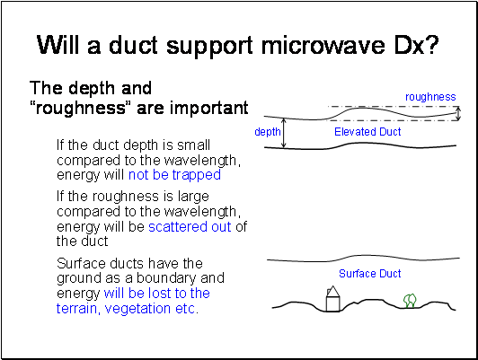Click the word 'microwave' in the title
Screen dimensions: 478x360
(x=324, y=46)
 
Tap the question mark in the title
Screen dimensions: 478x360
(x=431, y=45)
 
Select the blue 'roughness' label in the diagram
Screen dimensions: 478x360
(x=430, y=97)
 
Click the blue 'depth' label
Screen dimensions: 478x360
(x=268, y=132)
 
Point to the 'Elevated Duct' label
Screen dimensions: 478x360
(x=367, y=132)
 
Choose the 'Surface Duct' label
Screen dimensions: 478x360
(x=370, y=274)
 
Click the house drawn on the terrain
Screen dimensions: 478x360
(x=332, y=299)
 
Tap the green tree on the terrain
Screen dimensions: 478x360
(x=410, y=301)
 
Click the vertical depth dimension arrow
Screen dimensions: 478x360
(x=284, y=133)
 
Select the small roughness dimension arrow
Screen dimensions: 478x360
(x=457, y=114)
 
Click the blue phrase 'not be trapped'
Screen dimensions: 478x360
(x=174, y=175)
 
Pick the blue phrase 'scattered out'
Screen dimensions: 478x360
(x=190, y=226)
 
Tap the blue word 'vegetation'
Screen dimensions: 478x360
(x=138, y=309)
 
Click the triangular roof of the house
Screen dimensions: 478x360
(x=332, y=291)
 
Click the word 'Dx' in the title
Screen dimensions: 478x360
(x=408, y=45)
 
